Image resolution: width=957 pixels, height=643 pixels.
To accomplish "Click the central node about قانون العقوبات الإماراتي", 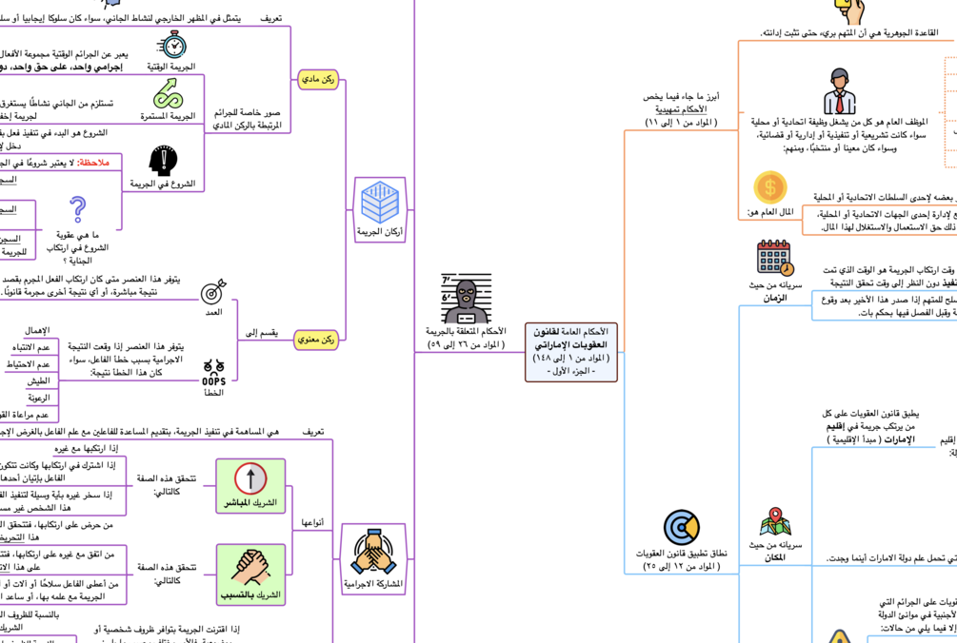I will [x=571, y=351].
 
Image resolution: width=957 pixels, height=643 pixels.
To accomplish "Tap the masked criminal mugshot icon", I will [x=467, y=299].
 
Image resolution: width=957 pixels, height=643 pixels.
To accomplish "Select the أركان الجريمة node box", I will [x=380, y=209].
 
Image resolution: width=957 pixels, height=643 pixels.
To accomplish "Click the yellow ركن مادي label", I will [x=318, y=80].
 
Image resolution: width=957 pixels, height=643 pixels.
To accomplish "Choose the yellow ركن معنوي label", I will [x=316, y=339].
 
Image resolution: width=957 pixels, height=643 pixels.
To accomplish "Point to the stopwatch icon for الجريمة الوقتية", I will [x=172, y=44].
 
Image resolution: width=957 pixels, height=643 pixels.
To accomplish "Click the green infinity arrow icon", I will [x=169, y=93].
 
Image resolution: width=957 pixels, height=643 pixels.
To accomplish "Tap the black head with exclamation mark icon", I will [x=163, y=161].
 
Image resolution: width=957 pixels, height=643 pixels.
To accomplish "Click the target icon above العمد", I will [x=213, y=290].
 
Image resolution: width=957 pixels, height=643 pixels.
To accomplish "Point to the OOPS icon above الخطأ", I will [x=213, y=373].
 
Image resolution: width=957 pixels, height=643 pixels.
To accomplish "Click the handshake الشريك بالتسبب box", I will [x=250, y=575].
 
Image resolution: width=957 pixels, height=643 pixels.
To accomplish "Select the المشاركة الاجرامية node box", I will [x=373, y=559].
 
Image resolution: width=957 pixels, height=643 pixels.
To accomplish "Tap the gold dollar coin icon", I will [x=770, y=188].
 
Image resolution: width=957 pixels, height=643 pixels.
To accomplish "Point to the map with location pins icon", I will [x=775, y=522].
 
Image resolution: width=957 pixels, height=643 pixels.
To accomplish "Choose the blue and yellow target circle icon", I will [x=681, y=527].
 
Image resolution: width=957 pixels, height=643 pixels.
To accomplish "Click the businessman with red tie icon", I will [x=839, y=91].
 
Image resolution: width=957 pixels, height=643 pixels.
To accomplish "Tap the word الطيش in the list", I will [x=38, y=380].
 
